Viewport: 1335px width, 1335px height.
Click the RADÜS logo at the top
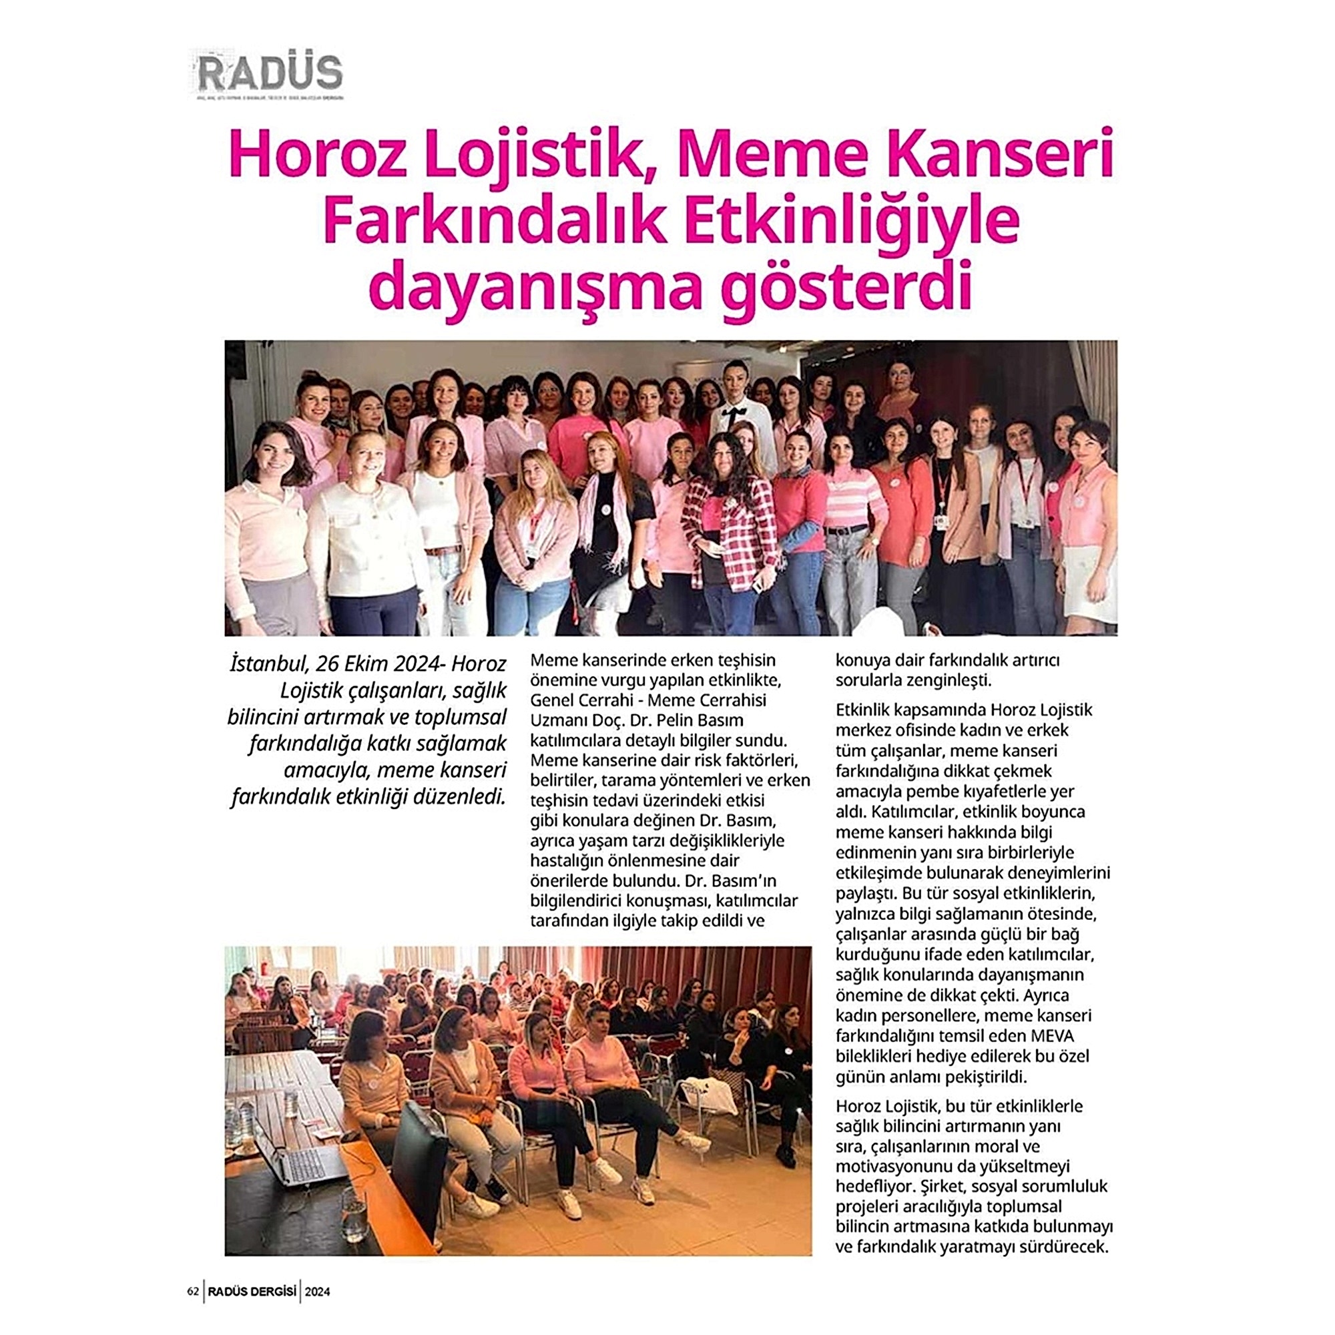(270, 73)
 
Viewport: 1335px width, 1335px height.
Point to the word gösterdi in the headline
(846, 288)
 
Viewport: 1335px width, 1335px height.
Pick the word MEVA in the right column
(1052, 1037)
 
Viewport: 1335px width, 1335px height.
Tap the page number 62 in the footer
(193, 1291)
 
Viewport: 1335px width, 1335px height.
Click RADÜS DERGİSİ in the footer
(252, 1291)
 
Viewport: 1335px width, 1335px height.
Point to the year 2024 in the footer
(318, 1291)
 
